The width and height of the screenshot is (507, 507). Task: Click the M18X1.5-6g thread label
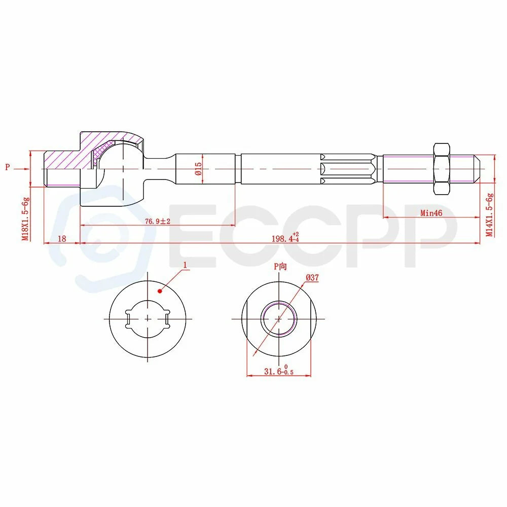[25, 219]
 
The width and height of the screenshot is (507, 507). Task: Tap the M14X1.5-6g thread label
[490, 214]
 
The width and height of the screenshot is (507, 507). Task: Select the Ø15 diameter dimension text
[198, 169]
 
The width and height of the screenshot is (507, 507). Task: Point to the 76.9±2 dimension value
[158, 222]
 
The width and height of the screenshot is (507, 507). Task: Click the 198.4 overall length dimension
[285, 238]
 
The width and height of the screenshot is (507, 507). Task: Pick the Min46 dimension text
[431, 213]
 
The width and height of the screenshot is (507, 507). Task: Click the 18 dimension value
[62, 239]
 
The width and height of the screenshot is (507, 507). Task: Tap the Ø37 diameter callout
[312, 277]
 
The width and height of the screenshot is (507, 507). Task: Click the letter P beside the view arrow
[8, 167]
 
